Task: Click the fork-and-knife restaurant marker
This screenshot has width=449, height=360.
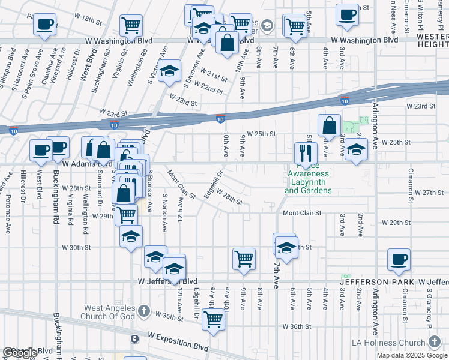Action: click(x=306, y=153)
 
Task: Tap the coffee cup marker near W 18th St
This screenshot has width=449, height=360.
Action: click(x=44, y=25)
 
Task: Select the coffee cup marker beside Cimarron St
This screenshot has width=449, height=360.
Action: click(x=399, y=259)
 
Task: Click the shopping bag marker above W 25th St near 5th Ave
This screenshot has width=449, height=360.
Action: click(x=329, y=125)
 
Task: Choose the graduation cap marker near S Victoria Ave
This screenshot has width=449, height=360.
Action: click(x=170, y=71)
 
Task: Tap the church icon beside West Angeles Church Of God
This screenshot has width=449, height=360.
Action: click(x=143, y=311)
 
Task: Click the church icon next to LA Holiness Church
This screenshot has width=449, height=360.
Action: click(x=435, y=342)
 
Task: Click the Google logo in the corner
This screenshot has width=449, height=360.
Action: click(x=20, y=353)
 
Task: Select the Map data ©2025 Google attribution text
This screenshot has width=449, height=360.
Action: click(x=411, y=355)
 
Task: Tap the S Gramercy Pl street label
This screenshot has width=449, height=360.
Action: click(x=430, y=307)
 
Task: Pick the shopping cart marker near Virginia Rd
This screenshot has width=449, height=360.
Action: click(x=130, y=26)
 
